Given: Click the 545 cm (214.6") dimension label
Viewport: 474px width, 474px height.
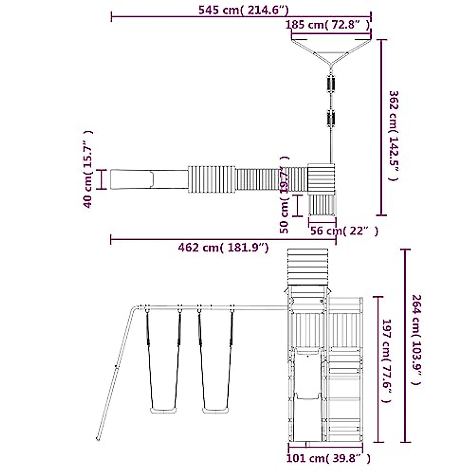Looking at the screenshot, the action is tap(244, 10).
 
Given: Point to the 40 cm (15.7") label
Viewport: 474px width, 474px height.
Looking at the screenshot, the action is tap(88, 169).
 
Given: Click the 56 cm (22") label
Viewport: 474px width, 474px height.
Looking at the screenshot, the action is tap(344, 231).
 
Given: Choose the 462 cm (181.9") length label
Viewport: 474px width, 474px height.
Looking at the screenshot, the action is tap(223, 247).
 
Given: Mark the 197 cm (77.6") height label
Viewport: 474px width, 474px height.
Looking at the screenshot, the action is tap(386, 361).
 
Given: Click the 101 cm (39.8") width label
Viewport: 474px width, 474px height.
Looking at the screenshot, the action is tap(328, 458).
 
